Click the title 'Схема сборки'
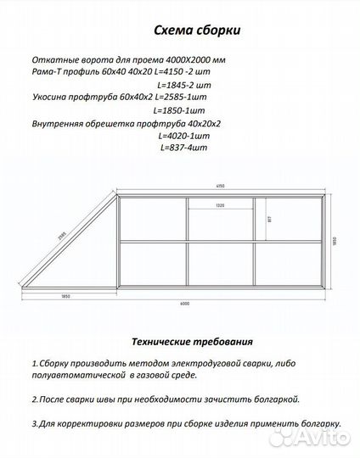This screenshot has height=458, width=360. [196, 31]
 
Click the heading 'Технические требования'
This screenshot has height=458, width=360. [192, 343]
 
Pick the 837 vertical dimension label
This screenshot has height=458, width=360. [269, 218]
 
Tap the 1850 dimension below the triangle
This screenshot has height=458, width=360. [65, 295]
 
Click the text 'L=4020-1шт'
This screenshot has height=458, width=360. [183, 135]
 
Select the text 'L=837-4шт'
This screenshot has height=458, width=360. [183, 147]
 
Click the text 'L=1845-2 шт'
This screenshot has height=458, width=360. [183, 86]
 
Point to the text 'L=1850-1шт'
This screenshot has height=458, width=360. [180, 110]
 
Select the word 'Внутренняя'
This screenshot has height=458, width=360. [59, 123]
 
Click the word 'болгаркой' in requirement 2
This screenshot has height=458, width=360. [272, 398]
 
